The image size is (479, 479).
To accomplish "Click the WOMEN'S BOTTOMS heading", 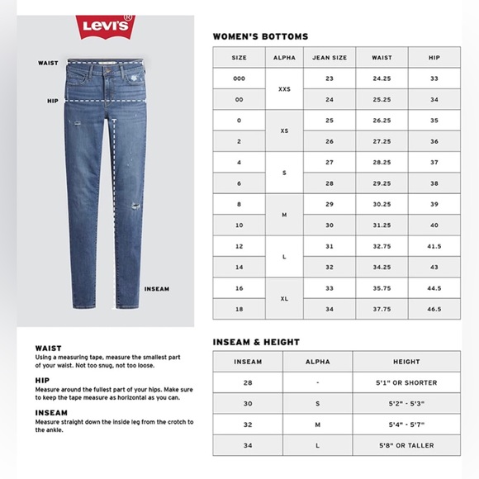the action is tap(260, 37).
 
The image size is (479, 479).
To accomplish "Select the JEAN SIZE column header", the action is tap(329, 58).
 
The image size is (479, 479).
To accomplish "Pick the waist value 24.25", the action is tap(382, 79).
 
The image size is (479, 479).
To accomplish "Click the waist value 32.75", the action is tap(382, 247).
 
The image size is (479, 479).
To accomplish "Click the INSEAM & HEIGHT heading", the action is tap(256, 342).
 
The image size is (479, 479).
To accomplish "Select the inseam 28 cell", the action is tap(248, 383).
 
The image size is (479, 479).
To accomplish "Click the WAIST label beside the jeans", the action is tap(47, 63).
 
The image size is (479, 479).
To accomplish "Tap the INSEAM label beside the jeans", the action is tap(156, 289).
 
